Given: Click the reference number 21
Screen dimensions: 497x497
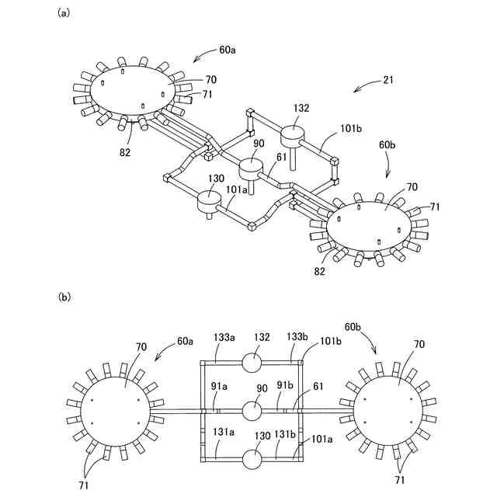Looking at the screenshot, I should (390, 80).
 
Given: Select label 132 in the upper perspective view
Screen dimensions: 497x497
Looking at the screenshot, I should (302, 109).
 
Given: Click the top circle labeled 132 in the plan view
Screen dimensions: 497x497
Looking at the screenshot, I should (252, 362).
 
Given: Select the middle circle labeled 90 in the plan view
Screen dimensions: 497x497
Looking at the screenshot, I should (252, 410).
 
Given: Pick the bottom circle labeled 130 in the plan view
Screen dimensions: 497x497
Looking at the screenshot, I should (252, 459).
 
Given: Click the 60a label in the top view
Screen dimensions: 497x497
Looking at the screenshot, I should (228, 50).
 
